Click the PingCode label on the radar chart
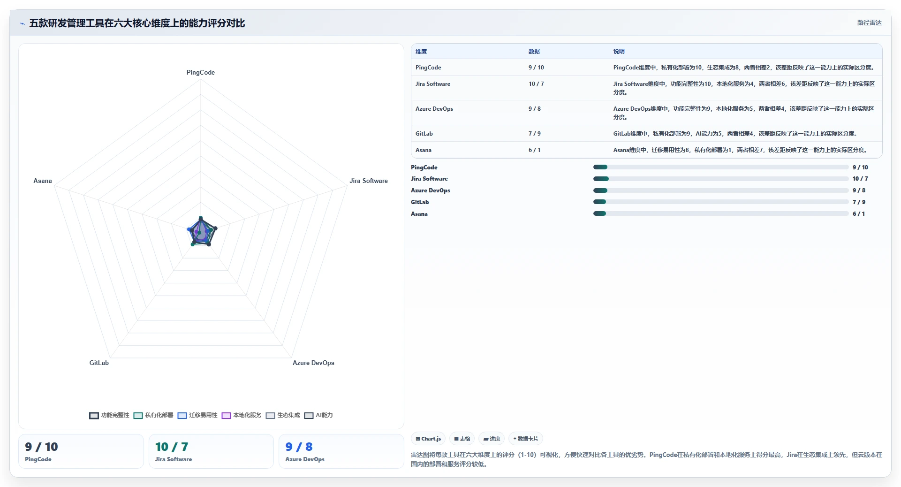pos(200,72)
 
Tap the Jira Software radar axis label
pos(368,181)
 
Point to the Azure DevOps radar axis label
pos(313,363)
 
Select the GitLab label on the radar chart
pos(99,363)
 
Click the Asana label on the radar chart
pos(43,181)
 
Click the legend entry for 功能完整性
pos(109,415)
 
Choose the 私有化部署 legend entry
pos(153,415)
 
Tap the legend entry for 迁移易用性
pos(197,415)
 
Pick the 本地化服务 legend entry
pos(242,415)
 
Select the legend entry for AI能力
pos(318,415)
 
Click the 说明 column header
pos(619,52)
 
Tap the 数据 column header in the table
pos(534,52)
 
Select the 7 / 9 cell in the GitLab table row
pos(534,134)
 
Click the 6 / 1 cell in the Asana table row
pos(534,150)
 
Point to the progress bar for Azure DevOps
pos(720,190)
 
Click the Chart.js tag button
pos(428,439)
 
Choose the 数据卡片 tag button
pos(525,439)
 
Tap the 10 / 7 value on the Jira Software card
pos(172,447)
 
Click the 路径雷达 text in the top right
pos(869,23)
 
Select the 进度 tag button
pos(492,439)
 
